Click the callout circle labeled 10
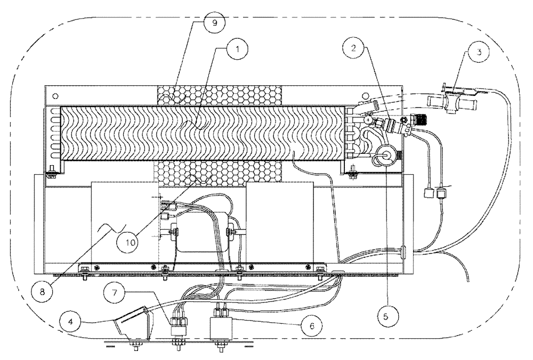(x=131, y=241)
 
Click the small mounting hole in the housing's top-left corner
(x=55, y=95)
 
